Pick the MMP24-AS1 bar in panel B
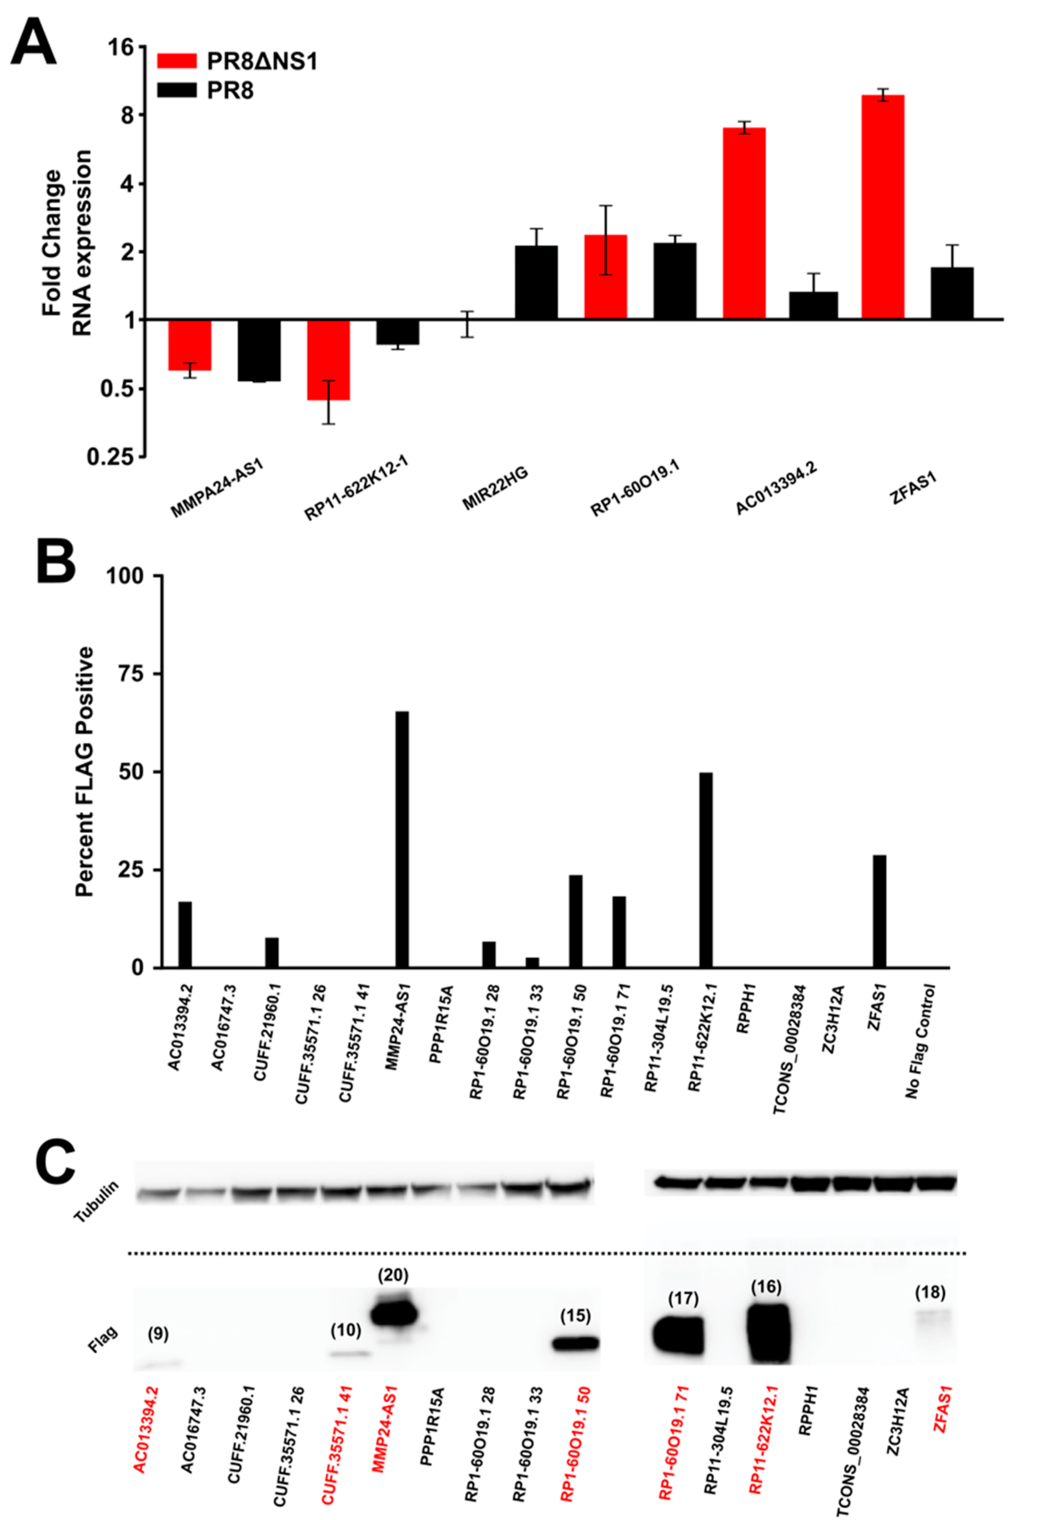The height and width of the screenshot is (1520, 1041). click(x=402, y=839)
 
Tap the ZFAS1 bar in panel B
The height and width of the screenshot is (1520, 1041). click(x=879, y=911)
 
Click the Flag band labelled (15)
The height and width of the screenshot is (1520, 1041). click(x=575, y=1344)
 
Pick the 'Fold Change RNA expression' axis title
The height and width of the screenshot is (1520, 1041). click(x=65, y=242)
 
